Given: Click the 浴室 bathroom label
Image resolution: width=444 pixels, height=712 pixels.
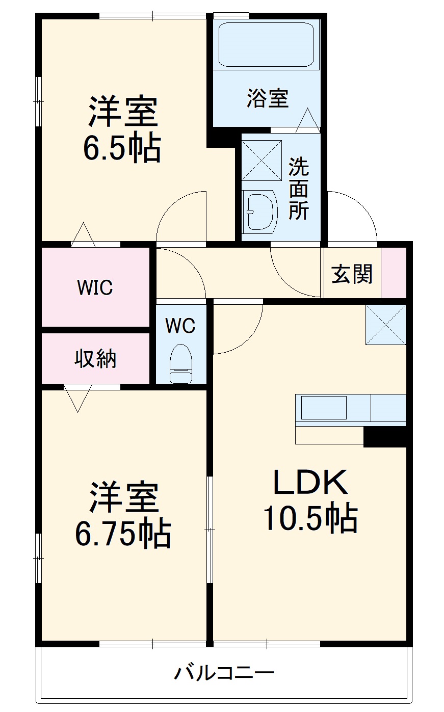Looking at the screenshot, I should click(268, 98).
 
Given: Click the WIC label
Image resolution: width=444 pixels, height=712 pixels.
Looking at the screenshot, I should click(95, 287).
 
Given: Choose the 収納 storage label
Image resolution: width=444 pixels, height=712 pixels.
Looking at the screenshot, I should click(96, 359).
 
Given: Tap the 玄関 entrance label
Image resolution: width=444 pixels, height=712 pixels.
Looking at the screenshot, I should click(352, 274).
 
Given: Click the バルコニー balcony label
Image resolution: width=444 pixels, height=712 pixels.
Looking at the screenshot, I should click(224, 673).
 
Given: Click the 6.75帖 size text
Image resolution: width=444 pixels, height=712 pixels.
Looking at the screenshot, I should click(123, 533).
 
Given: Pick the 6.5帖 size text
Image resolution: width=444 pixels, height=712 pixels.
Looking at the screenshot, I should click(122, 148).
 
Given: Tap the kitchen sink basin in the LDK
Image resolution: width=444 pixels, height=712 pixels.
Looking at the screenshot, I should click(324, 408).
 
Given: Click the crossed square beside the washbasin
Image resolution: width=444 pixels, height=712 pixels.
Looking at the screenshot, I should click(262, 160).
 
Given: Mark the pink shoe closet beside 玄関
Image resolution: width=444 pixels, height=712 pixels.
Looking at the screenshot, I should click(394, 272).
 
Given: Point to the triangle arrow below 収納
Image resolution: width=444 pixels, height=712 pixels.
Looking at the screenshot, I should click(77, 398).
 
